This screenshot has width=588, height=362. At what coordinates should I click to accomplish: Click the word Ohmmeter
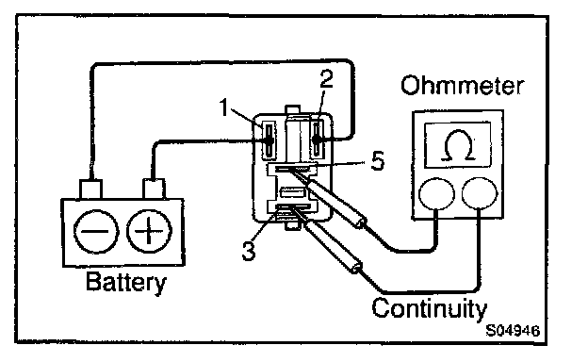[x=462, y=86]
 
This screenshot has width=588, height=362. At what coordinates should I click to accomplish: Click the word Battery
[x=125, y=283]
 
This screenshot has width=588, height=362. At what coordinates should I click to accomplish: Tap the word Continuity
[x=429, y=308]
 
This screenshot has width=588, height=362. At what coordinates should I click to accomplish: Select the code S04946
[x=513, y=331]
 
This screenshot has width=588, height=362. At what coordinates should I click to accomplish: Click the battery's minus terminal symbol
[x=96, y=231]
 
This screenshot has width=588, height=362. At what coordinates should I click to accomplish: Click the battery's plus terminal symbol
[x=149, y=231]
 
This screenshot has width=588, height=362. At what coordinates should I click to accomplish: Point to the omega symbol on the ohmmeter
[x=458, y=145]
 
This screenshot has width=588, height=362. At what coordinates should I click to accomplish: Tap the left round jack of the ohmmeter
[x=436, y=193]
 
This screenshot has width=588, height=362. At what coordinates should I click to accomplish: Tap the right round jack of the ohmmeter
[x=480, y=193]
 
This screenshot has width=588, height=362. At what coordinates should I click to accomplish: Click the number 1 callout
[x=224, y=107]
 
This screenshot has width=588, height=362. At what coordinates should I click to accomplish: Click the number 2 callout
[x=326, y=79]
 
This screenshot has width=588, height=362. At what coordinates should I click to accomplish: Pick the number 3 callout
[x=248, y=251]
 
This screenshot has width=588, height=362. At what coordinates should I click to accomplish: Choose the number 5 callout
[x=378, y=161]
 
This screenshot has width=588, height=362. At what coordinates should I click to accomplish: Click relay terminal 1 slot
[x=269, y=140]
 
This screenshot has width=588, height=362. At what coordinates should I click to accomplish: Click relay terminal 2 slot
[x=318, y=139]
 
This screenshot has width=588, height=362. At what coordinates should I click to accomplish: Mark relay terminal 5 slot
[x=292, y=169]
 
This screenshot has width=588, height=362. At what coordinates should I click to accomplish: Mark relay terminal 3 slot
[x=292, y=207]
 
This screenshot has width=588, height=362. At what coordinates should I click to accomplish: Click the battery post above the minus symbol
[x=90, y=189]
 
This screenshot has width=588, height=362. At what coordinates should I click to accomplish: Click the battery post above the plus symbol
[x=154, y=189]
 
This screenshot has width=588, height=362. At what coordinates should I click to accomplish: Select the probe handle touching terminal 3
[x=332, y=246]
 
